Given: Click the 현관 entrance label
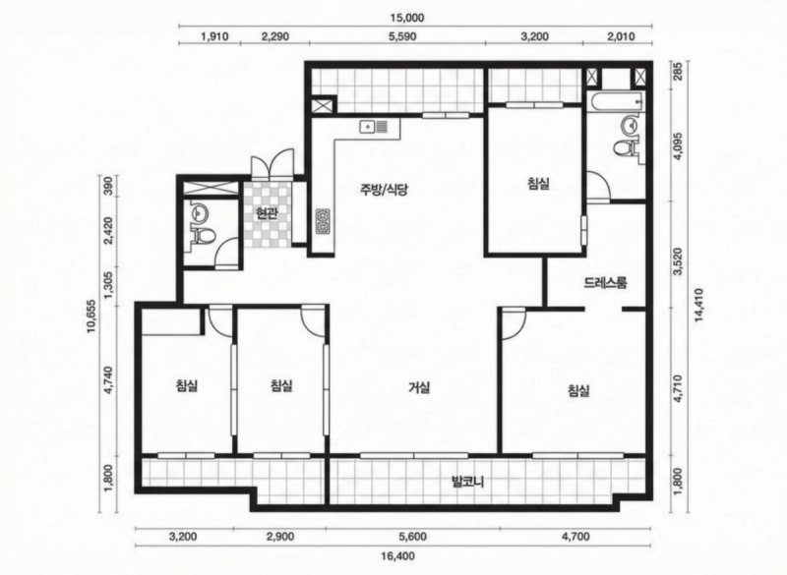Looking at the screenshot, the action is tap(267, 214).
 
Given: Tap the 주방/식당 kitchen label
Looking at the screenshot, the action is tap(384, 190).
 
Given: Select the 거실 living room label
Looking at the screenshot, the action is tap(419, 387).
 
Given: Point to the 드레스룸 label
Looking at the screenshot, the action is tap(606, 283).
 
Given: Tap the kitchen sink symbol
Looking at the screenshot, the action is tap(374, 127).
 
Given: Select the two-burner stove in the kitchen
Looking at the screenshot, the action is tap(322, 221).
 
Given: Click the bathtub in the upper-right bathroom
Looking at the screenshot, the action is tap(616, 102).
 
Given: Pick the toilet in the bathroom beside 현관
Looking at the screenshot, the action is tap(203, 235).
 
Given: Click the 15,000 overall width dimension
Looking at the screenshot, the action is tap(407, 18).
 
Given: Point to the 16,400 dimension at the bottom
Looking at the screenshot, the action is tap(397, 555).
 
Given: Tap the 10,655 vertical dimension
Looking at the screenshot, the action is tap(91, 316).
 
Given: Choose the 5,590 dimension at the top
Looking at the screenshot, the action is tap(402, 36).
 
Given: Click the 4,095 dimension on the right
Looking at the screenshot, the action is tap(679, 145).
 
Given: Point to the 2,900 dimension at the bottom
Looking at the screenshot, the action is tap(280, 537).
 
